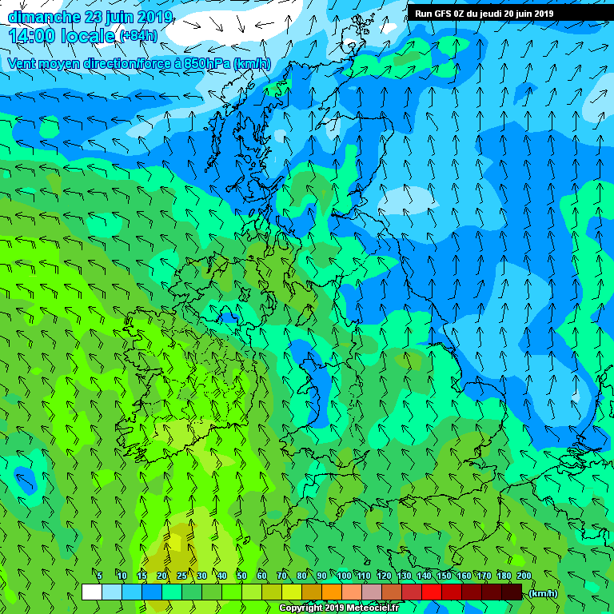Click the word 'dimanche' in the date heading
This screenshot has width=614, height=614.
pyautogui.click(x=39, y=17)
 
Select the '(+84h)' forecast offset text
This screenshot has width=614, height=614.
pyautogui.click(x=138, y=36)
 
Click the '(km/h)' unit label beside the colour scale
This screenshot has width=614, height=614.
pyautogui.click(x=544, y=593)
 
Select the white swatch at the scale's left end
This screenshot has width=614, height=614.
pyautogui.click(x=91, y=592)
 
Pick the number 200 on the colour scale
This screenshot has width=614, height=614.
pyautogui.click(x=524, y=576)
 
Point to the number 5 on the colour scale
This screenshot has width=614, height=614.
pyautogui.click(x=99, y=576)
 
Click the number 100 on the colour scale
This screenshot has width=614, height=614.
pyautogui.click(x=344, y=576)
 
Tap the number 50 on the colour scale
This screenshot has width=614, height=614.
pyautogui.click(x=241, y=576)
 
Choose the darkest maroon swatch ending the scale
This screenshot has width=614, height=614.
pyautogui.click(x=512, y=592)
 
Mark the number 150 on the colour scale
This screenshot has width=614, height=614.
pyautogui.click(x=444, y=576)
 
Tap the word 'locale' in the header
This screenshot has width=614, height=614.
pyautogui.click(x=87, y=36)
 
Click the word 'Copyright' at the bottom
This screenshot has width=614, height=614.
pyautogui.click(x=301, y=608)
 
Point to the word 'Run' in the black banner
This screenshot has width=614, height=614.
pyautogui.click(x=424, y=14)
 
